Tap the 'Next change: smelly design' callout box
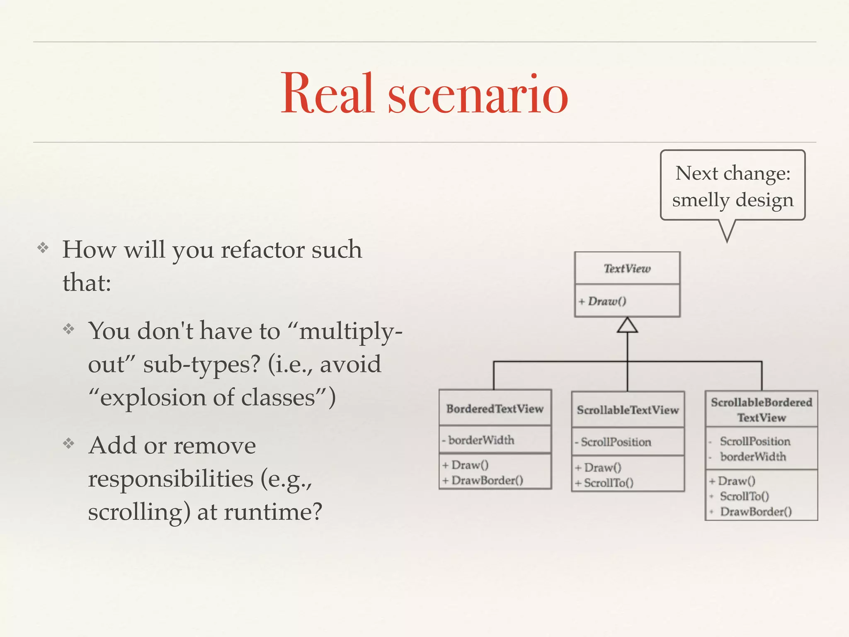(x=733, y=185)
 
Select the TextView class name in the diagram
(x=627, y=269)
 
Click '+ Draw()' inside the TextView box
(x=603, y=301)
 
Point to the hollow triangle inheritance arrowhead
(x=627, y=326)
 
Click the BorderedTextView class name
(x=495, y=409)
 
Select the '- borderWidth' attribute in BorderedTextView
(x=478, y=440)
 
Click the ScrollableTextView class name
(x=628, y=410)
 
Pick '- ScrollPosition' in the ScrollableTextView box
(x=614, y=442)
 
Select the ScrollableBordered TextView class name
(x=762, y=409)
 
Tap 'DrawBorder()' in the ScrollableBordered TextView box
(x=756, y=512)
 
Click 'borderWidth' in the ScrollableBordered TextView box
(x=753, y=457)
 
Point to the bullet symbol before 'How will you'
(x=43, y=248)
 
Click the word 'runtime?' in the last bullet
(x=273, y=512)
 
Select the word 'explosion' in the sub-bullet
(x=153, y=398)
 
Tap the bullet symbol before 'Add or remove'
(x=69, y=444)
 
